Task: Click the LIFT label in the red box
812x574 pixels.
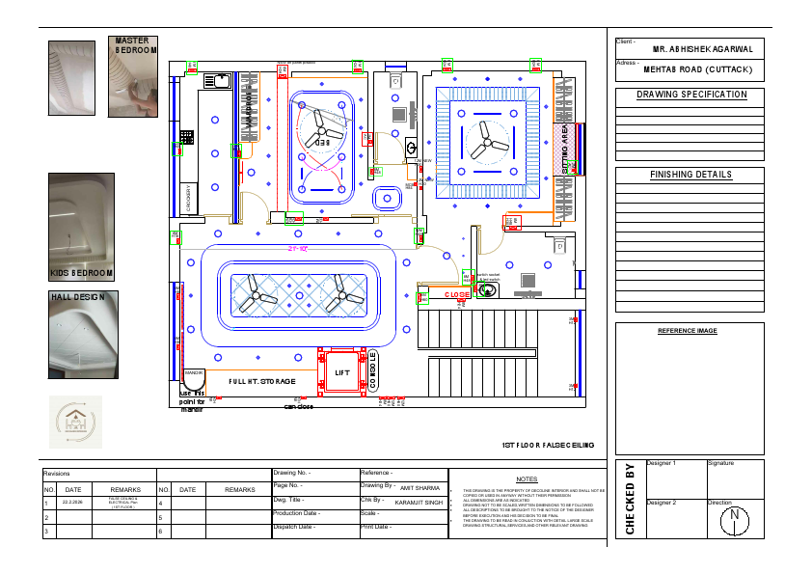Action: [342, 372]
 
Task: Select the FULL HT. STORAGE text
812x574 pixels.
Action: [262, 382]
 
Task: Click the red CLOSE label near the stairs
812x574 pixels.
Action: [457, 295]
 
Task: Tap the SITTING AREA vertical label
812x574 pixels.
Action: [566, 150]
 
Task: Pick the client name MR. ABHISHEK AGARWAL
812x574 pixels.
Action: [703, 48]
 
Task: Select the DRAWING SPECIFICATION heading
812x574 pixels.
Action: [691, 95]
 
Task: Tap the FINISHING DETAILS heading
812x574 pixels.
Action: [691, 175]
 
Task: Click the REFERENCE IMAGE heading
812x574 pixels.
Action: [688, 331]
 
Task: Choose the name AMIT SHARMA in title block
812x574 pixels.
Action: [420, 489]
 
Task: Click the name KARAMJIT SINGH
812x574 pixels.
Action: [419, 503]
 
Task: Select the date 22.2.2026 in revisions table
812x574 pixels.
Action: [72, 502]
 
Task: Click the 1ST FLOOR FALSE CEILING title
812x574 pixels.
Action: [548, 446]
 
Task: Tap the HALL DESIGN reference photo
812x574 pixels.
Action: [81, 338]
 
